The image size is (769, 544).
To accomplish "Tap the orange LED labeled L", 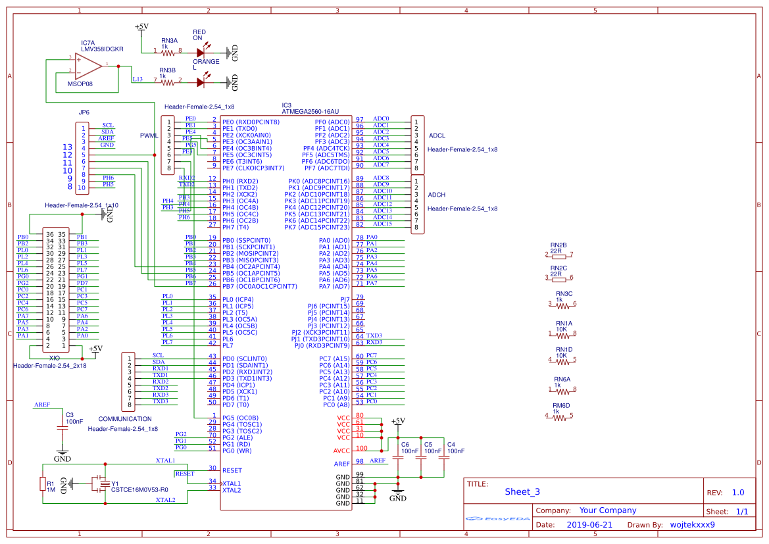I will point(201,82).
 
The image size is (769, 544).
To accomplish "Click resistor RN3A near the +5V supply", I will point(168,50).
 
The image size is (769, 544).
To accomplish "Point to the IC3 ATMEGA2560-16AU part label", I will point(310,112).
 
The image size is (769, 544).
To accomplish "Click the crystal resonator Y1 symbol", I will point(99,484).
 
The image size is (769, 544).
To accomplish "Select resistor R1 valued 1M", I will point(43,485).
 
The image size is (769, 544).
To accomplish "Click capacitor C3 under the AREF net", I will point(62,428).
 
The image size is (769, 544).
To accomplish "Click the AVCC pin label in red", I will point(342,451).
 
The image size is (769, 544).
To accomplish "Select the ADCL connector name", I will point(437,136).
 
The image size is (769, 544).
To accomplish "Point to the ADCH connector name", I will point(437,195).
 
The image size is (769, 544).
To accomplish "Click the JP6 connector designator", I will point(84,112).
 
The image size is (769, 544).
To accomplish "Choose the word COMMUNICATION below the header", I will point(125,419).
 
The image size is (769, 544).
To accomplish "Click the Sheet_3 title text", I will point(522,492).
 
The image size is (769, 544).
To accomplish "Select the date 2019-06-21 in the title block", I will point(589,525).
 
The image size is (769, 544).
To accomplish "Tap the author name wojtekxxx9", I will point(692,525).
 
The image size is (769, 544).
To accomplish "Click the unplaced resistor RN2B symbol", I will point(558,255).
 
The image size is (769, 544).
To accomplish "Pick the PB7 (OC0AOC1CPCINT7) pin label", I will point(259,286).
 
